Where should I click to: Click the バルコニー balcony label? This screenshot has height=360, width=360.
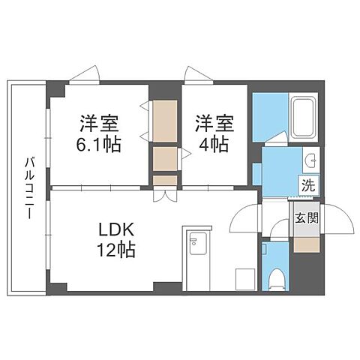[28, 187]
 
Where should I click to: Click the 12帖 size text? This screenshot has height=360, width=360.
[113, 251]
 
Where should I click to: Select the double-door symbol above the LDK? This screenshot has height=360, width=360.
[165, 196]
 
